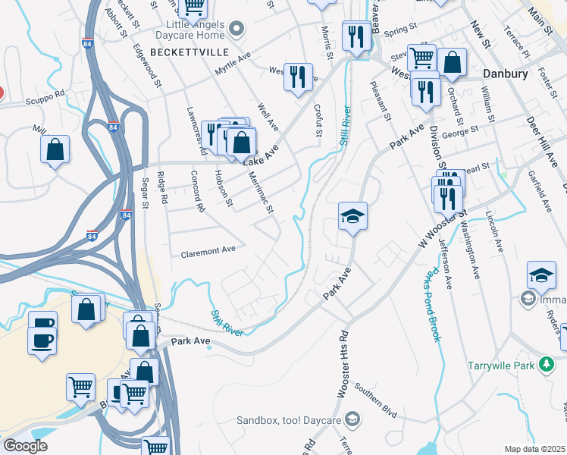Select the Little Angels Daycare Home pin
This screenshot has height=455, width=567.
[237, 30]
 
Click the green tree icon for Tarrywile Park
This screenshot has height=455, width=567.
[545, 366]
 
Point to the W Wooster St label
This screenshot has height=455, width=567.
[440, 227]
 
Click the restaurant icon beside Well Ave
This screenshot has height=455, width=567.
[298, 76]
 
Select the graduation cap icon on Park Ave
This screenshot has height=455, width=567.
[352, 216]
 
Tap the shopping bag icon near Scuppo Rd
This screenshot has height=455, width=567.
[55, 149]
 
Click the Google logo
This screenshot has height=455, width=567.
[25, 446]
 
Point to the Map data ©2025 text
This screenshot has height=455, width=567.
[534, 449]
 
